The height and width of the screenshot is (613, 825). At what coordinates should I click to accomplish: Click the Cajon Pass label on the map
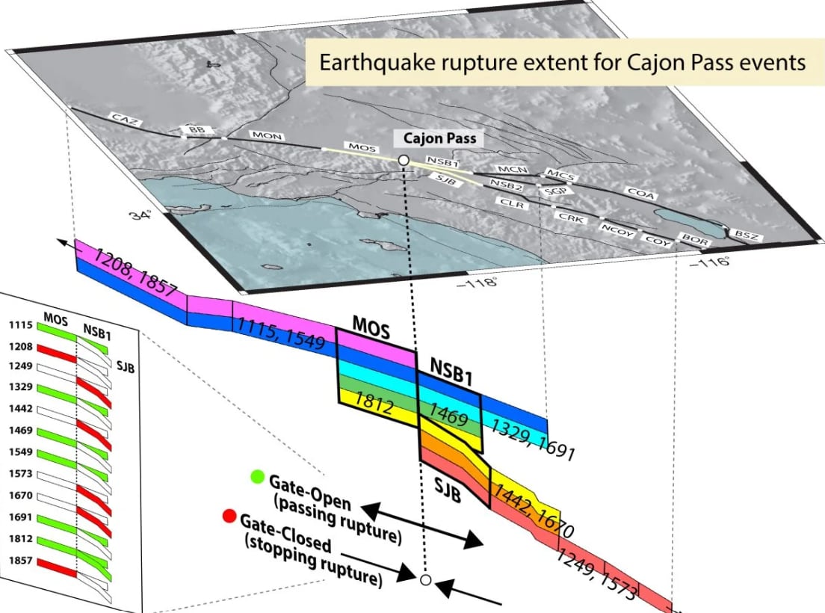(x=439, y=138)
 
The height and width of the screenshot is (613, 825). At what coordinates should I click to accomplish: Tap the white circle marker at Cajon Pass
(x=404, y=159)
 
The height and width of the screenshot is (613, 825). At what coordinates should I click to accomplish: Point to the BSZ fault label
(x=747, y=235)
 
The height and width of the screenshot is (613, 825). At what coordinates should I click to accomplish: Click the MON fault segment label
(x=268, y=135)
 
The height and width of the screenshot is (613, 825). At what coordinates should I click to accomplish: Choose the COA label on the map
(x=641, y=193)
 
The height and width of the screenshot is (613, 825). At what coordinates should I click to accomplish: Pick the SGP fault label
(x=555, y=191)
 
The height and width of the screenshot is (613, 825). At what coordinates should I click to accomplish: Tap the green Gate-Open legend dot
(x=257, y=477)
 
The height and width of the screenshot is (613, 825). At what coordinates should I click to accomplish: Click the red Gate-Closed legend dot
(x=229, y=516)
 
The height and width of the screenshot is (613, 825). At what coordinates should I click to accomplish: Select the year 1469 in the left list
(x=20, y=431)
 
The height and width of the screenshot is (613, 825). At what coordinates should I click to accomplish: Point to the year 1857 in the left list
(x=20, y=561)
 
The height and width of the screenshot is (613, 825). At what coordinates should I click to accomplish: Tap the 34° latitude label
(x=140, y=215)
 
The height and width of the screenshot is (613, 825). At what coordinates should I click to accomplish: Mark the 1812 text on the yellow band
(x=374, y=404)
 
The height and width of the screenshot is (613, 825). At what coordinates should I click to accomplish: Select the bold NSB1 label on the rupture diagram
(x=451, y=372)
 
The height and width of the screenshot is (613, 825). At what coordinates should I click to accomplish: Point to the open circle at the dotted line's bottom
(x=426, y=580)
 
